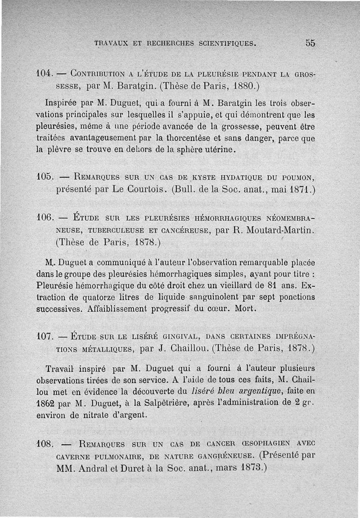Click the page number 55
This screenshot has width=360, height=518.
coord(310,43)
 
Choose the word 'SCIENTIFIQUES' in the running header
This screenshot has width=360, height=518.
coord(226,44)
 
